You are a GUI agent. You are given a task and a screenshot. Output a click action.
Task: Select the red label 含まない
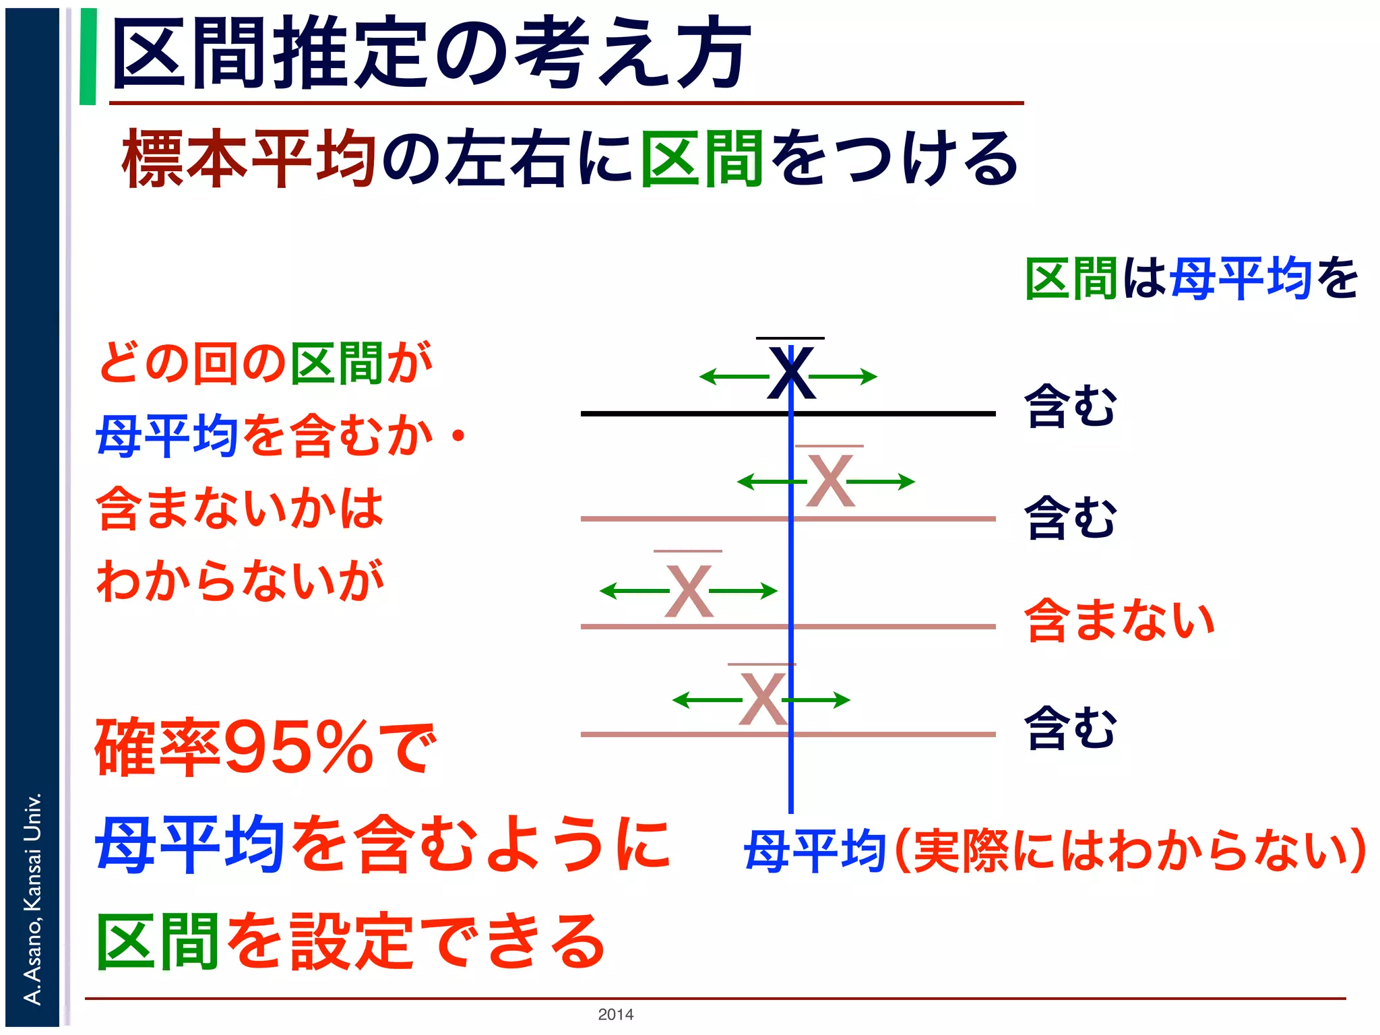pyautogui.click(x=1119, y=620)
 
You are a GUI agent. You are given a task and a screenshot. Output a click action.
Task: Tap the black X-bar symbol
pyautogui.click(x=791, y=372)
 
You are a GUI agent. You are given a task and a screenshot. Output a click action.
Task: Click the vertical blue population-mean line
pyautogui.click(x=791, y=775)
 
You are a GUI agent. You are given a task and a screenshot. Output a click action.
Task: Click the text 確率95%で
pyautogui.click(x=265, y=747)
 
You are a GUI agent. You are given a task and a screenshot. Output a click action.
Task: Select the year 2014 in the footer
pyautogui.click(x=615, y=1014)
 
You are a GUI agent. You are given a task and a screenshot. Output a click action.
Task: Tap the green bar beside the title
pyautogui.click(x=88, y=57)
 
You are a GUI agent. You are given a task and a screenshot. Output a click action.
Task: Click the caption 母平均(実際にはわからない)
pyautogui.click(x=1055, y=850)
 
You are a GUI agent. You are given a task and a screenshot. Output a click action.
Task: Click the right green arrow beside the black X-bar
pyautogui.click(x=846, y=376)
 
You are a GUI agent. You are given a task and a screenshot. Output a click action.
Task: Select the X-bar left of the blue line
pyautogui.click(x=688, y=590)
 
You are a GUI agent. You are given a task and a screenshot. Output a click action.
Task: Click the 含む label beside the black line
pyautogui.click(x=1070, y=406)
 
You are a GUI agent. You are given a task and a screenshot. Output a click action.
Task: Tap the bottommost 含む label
pyautogui.click(x=1070, y=728)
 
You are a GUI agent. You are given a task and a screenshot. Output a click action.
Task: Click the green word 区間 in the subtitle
pyautogui.click(x=701, y=159)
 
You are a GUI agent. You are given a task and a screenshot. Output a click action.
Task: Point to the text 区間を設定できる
pyautogui.click(x=350, y=941)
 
